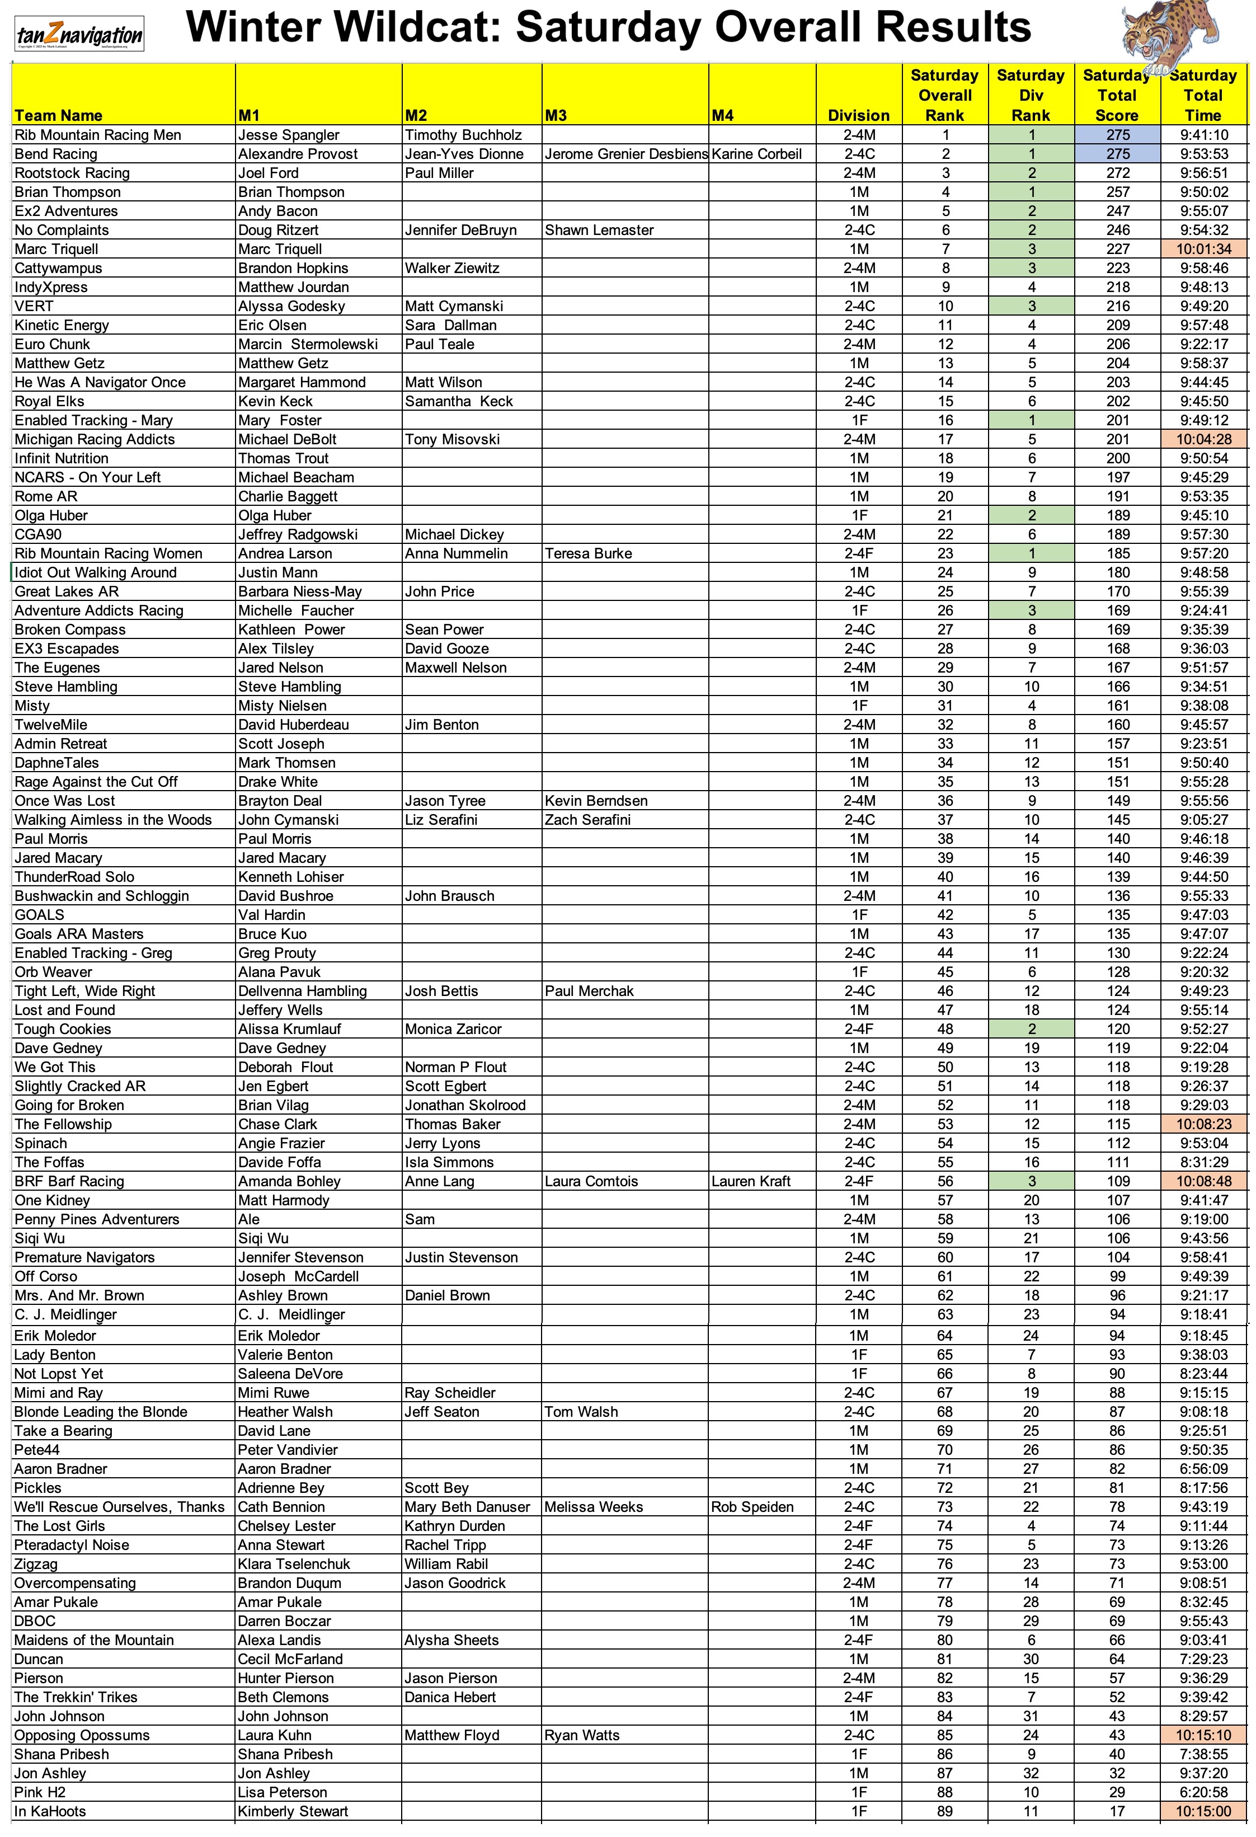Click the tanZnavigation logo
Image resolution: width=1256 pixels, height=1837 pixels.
tap(79, 34)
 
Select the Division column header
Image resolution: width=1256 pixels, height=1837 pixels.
tap(858, 115)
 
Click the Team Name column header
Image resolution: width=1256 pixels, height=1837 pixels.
tap(59, 115)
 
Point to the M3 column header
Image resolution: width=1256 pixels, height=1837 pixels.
tap(557, 115)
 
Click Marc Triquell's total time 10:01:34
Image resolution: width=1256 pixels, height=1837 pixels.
tap(1203, 249)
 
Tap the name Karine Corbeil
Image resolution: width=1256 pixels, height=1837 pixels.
tap(756, 154)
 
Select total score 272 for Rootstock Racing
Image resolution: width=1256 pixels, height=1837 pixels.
tap(1117, 173)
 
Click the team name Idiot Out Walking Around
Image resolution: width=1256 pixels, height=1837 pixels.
tap(96, 572)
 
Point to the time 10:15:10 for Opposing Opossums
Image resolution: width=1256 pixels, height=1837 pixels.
tap(1203, 1735)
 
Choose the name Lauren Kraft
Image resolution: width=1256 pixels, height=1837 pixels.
tap(751, 1181)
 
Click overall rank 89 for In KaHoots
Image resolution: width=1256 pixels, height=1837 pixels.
tap(944, 1811)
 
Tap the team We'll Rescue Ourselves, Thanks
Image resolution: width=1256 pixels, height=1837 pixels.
tap(119, 1507)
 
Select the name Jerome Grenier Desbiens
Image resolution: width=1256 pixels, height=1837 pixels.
tap(625, 154)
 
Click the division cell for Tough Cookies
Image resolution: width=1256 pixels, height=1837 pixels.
tap(858, 1029)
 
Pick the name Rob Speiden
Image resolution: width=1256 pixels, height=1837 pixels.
tap(752, 1507)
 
